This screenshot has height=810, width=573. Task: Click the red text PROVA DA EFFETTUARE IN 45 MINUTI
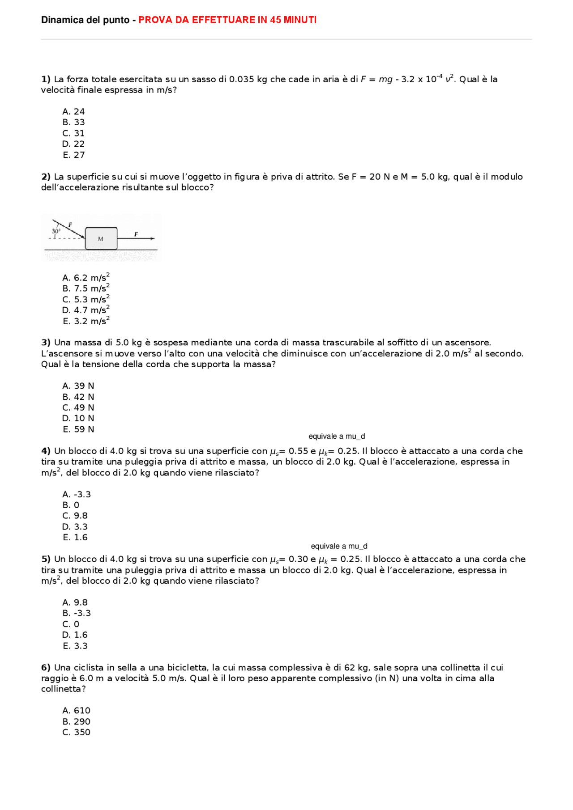[x=227, y=20]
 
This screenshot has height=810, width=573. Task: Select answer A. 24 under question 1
[x=73, y=111]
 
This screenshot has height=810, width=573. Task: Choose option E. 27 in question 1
[x=73, y=155]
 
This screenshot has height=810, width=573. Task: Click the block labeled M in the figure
[x=101, y=238]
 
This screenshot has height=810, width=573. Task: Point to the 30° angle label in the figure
[x=56, y=231]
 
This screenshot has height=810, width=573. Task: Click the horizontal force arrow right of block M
[x=137, y=238]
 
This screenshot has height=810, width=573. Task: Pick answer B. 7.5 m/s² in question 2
[x=86, y=288]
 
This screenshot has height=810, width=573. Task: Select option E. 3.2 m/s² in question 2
[x=86, y=321]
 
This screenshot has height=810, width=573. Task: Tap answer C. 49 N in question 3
[x=78, y=407]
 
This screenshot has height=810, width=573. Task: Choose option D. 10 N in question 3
[x=78, y=418]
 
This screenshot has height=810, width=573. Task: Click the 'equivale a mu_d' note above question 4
[x=337, y=436]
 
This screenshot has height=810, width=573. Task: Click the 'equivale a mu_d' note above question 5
[x=339, y=546]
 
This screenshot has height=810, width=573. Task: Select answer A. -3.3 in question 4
[x=77, y=494]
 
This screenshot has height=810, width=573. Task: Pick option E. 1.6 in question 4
[x=75, y=537]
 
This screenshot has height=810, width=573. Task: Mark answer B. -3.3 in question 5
[x=77, y=613]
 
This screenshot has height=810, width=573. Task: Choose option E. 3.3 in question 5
[x=75, y=646]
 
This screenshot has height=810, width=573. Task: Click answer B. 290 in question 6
[x=76, y=721]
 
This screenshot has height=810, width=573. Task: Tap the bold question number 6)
[x=46, y=667]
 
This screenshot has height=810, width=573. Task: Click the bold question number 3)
[x=46, y=343]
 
